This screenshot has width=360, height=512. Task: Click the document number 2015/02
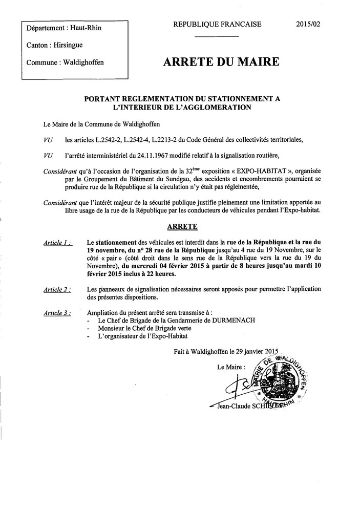click(x=309, y=24)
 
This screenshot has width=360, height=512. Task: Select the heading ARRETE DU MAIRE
click(x=221, y=62)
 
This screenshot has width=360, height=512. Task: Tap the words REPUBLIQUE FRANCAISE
click(x=217, y=24)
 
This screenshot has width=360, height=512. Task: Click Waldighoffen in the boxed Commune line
click(x=83, y=62)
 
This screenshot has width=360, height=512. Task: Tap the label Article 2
click(x=57, y=289)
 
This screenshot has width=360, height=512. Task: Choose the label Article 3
click(x=57, y=312)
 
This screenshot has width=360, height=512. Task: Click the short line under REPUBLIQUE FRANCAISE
click(x=217, y=36)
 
